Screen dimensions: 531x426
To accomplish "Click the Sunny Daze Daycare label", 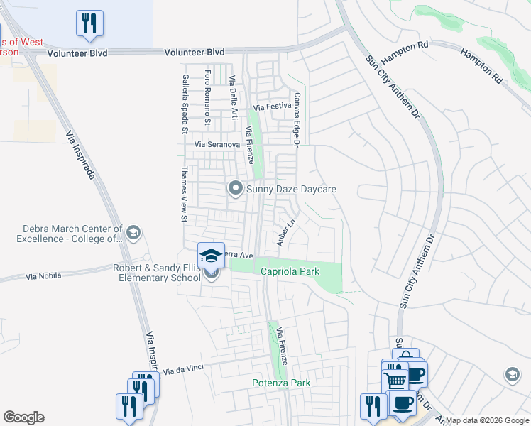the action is [x=290, y=189].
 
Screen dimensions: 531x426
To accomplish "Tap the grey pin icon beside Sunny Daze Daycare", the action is [x=235, y=189].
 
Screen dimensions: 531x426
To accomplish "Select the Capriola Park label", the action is [x=290, y=271].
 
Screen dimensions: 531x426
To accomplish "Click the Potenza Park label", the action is [x=281, y=383].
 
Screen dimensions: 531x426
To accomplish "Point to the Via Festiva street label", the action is [x=268, y=107].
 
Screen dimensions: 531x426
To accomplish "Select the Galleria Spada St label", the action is [x=184, y=104].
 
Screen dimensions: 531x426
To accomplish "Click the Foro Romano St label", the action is [x=207, y=97].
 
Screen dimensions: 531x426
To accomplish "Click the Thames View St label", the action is [x=184, y=194].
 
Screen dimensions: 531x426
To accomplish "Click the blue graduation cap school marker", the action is [x=211, y=255].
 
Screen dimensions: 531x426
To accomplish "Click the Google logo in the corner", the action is [x=23, y=417].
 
